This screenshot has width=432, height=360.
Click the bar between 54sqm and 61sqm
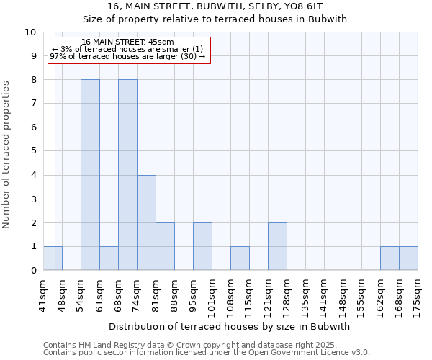pos(90,174)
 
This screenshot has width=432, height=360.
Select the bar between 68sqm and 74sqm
pos(127,174)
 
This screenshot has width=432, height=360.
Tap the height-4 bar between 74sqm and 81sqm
pos(146,222)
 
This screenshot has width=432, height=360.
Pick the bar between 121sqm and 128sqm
pos(277,246)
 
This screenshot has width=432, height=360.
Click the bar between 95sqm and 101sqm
pos(202,246)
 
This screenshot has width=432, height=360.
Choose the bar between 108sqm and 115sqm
pos(240,258)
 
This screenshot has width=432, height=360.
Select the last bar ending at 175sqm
pos(408,258)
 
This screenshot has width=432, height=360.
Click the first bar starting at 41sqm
pos(53,258)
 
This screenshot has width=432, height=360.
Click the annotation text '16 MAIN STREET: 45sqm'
pos(127,42)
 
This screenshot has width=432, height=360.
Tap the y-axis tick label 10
pos(30,32)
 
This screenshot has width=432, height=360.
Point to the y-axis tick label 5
pos(33,151)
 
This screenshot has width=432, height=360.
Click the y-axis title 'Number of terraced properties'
pos(7,155)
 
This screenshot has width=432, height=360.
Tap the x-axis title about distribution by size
pos(230,326)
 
